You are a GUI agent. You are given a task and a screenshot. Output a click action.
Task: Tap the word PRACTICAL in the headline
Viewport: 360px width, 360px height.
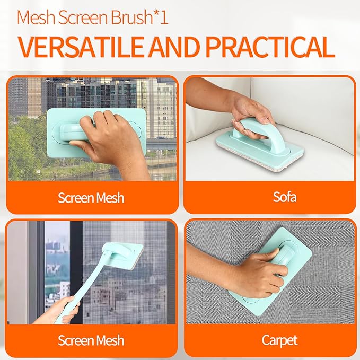coord(270,47)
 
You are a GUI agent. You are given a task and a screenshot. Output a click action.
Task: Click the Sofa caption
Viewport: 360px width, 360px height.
coord(270,198)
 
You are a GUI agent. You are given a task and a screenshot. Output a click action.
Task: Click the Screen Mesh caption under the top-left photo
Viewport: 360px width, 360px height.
coord(91,198)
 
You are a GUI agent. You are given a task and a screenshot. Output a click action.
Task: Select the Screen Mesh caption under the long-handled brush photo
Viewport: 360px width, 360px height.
coord(91,339)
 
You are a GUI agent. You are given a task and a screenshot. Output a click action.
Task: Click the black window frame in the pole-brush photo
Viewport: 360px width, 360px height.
coord(77,265)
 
